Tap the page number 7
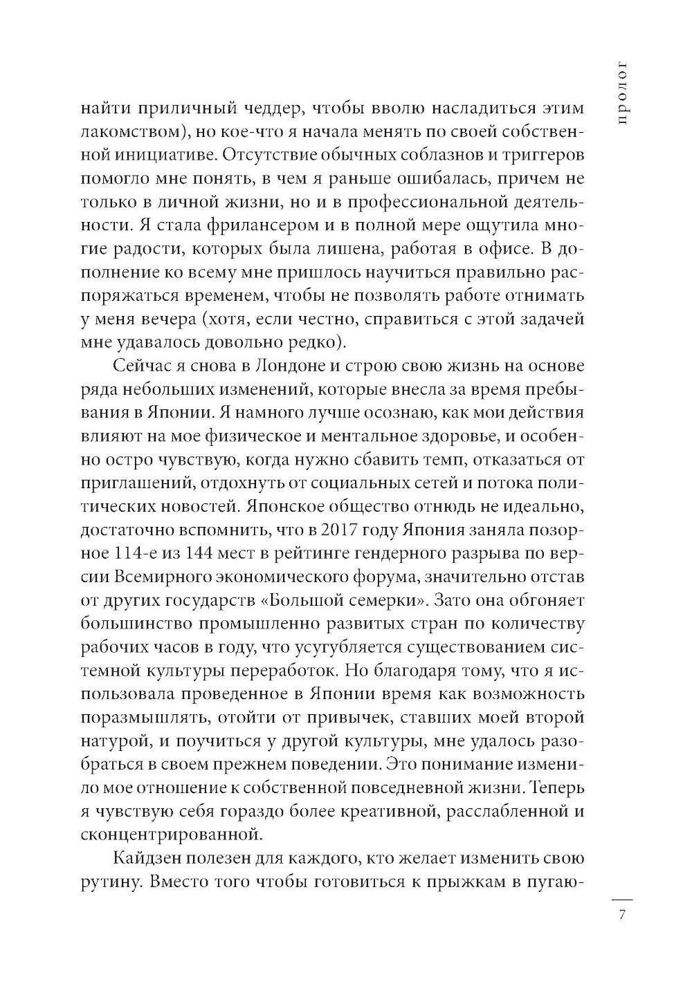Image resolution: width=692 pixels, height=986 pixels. pyautogui.click(x=621, y=915)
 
